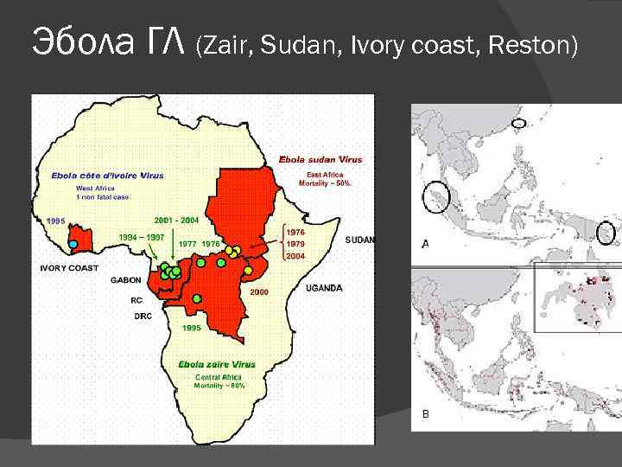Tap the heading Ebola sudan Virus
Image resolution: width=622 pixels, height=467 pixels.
321,159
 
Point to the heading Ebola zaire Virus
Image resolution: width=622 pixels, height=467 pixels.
217,364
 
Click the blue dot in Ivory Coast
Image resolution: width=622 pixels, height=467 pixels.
73,245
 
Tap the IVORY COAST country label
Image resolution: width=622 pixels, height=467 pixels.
70,268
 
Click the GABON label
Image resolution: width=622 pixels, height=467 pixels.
126,280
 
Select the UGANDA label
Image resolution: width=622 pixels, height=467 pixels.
324,288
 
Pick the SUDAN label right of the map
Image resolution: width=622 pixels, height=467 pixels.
360,240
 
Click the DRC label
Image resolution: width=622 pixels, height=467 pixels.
143,317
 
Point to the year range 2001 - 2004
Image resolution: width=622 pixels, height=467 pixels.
176,220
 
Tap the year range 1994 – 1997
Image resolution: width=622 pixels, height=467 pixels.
142,236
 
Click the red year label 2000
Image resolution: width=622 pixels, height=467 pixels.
260,292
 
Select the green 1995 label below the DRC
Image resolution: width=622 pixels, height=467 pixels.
191,329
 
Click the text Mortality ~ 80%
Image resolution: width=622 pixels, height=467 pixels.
219,386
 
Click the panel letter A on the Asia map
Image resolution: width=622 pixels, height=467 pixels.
425,245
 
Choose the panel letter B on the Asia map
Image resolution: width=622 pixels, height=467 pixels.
425,414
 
